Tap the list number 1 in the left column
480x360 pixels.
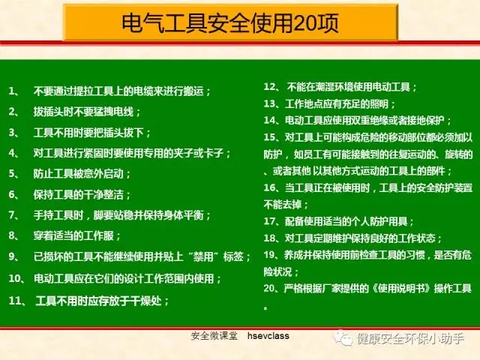pyautogui.click(x=12, y=91)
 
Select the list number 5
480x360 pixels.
pyautogui.click(x=12, y=173)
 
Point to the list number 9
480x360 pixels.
pyautogui.click(x=12, y=256)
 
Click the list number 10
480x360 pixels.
pyautogui.click(x=15, y=278)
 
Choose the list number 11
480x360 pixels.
pyautogui.click(x=15, y=301)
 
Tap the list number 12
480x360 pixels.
pyautogui.click(x=270, y=87)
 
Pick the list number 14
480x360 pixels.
pyautogui.click(x=270, y=120)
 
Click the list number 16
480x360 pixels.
pyautogui.click(x=270, y=187)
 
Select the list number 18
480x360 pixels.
pyautogui.click(x=270, y=238)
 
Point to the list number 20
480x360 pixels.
pyautogui.click(x=270, y=288)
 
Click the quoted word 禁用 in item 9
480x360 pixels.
pyautogui.click(x=203, y=256)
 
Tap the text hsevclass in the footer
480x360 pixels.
pyautogui.click(x=268, y=336)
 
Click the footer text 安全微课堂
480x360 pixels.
pyautogui.click(x=214, y=336)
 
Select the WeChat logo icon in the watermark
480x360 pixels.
pyautogui.click(x=343, y=338)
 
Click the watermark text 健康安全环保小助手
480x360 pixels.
pyautogui.click(x=410, y=338)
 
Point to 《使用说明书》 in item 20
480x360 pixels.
pyautogui.click(x=402, y=288)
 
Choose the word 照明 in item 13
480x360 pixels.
pyautogui.click(x=379, y=103)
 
